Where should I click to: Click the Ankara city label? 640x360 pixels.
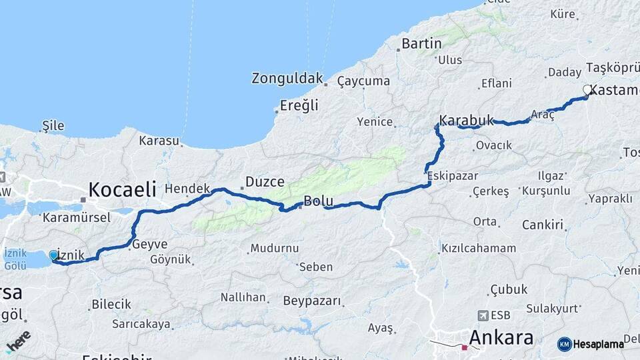click(x=501, y=337)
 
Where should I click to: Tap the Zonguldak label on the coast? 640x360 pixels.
click(x=287, y=78)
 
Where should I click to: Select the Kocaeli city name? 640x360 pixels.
click(x=122, y=189)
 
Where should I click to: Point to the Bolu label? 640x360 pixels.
click(x=318, y=201)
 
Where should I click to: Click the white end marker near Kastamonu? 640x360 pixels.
click(x=587, y=90)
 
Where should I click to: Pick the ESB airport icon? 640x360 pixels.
click(x=483, y=315)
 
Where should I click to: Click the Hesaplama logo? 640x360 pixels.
click(x=590, y=344)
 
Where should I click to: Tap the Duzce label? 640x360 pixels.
click(x=265, y=181)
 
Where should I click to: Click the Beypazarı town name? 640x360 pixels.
click(x=312, y=301)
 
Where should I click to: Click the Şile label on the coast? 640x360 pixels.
click(x=53, y=125)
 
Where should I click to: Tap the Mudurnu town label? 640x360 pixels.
click(x=274, y=249)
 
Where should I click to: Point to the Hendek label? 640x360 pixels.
click(x=187, y=189)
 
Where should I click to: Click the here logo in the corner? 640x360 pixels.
click(x=18, y=341)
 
